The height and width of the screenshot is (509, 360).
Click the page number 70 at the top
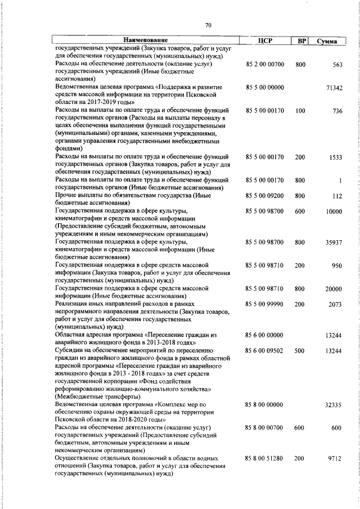click(x=208, y=25)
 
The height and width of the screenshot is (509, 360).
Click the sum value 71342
click(x=334, y=88)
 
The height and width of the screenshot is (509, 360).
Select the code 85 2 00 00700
click(x=265, y=65)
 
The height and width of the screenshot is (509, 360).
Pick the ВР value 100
click(x=300, y=111)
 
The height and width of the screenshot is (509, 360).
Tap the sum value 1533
click(x=336, y=157)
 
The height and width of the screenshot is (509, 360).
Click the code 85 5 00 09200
click(x=265, y=196)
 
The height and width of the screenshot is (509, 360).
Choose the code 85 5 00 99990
click(x=265, y=304)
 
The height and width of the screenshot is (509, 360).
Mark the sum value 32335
click(x=334, y=404)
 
